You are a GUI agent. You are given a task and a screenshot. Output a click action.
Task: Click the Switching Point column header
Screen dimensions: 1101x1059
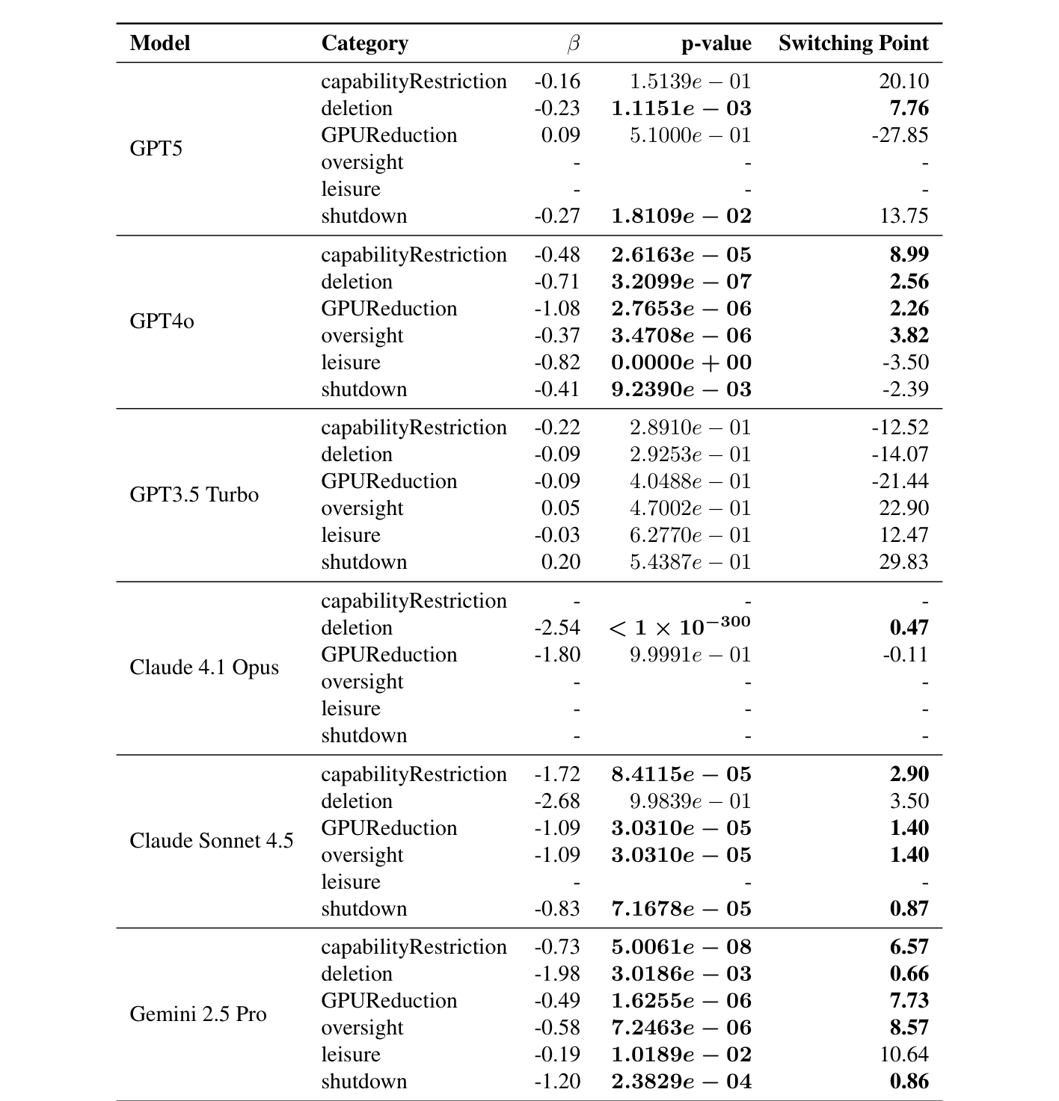click(853, 43)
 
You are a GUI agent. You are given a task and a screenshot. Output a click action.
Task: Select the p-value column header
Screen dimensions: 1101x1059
click(716, 43)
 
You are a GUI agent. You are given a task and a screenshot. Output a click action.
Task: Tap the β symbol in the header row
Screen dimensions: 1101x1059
click(573, 44)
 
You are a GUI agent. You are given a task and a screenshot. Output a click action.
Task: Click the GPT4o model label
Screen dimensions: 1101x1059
click(162, 321)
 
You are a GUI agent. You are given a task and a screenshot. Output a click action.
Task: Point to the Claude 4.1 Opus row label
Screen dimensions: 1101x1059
click(204, 667)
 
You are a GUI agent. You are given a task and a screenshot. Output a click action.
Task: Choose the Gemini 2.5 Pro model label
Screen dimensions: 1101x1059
click(198, 1014)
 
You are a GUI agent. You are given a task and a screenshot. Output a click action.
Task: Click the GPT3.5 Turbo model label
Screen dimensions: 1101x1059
click(194, 495)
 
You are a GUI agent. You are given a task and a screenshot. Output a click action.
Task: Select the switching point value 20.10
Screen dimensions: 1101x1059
click(903, 81)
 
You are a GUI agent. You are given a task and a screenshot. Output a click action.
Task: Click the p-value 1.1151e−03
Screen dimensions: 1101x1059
click(681, 108)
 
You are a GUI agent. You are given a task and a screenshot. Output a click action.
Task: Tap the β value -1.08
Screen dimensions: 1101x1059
click(557, 309)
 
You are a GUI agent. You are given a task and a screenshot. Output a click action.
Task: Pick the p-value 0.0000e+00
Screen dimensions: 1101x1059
click(681, 363)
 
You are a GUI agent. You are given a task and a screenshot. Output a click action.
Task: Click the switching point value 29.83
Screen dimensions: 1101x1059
click(903, 562)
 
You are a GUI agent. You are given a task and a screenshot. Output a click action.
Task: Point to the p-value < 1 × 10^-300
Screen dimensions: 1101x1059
click(680, 626)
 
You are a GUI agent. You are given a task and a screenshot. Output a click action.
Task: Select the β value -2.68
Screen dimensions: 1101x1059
click(557, 801)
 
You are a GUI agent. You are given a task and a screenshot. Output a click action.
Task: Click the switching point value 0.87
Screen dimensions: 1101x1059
click(909, 909)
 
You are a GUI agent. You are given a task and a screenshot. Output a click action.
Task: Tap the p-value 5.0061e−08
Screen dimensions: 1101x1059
click(681, 947)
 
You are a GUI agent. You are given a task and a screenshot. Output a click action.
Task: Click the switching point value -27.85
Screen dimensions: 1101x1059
click(900, 135)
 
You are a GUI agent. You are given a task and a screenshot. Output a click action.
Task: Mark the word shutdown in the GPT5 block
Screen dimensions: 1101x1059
click(364, 216)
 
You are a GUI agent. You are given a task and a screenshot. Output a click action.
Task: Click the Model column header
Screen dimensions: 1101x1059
click(160, 43)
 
